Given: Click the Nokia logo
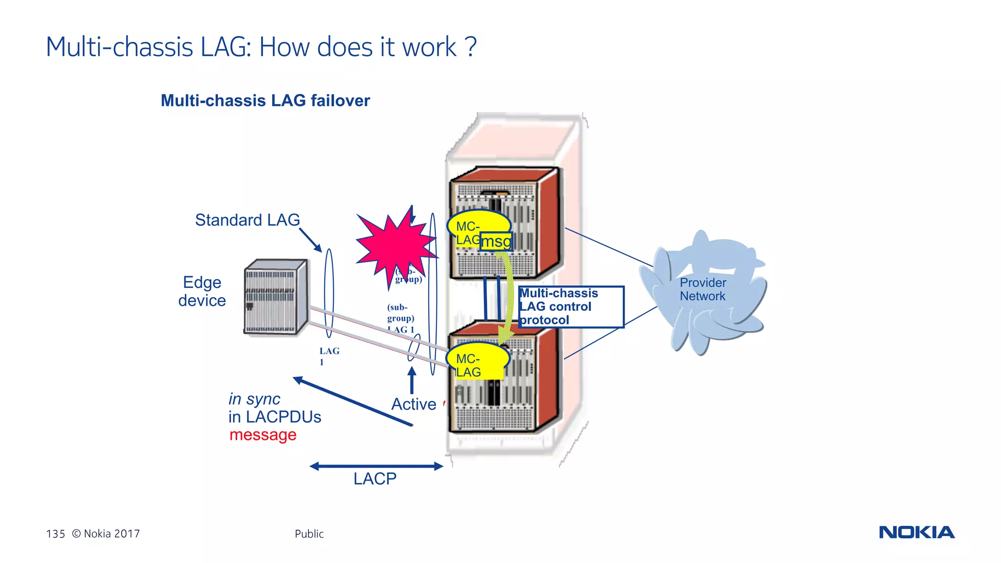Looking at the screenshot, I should click(x=916, y=532).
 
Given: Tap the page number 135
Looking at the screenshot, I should click(x=55, y=534).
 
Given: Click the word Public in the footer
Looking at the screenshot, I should click(x=309, y=534).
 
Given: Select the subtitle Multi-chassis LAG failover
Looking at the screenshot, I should click(x=265, y=101).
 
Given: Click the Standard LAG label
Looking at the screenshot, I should click(x=247, y=220).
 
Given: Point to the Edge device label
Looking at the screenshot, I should click(x=202, y=291).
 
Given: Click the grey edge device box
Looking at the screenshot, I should click(x=276, y=297).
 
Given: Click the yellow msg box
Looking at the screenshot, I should click(x=496, y=241).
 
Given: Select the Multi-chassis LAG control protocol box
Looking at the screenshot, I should click(x=570, y=306).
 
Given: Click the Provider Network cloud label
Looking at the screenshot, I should click(x=703, y=289).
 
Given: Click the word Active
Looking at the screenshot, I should click(x=413, y=405).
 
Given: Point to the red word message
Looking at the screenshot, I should click(x=263, y=434).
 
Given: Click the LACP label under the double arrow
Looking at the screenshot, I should click(x=375, y=479).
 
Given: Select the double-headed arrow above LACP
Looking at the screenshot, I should click(x=376, y=466).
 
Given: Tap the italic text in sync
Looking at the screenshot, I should click(x=254, y=399).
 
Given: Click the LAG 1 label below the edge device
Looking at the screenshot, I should click(x=328, y=356).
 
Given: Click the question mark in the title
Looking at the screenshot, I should click(x=471, y=47).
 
